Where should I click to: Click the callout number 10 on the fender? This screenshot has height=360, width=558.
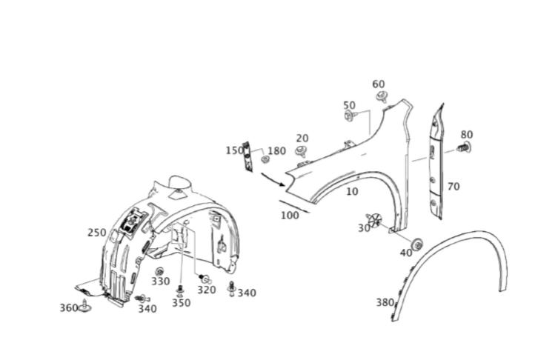coord(352,191)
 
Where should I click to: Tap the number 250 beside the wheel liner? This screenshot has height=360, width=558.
coord(97,233)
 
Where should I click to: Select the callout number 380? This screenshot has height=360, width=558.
coord(385,302)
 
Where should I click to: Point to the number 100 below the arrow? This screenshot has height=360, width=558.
coord(290,216)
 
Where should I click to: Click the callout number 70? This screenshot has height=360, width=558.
coord(454,187)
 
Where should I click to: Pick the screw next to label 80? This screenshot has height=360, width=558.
coord(464,147)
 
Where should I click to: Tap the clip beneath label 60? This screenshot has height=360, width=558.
coord(382,96)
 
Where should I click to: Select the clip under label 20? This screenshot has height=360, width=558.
coord(302,151)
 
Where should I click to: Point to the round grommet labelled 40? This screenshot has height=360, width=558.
coord(417,244)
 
